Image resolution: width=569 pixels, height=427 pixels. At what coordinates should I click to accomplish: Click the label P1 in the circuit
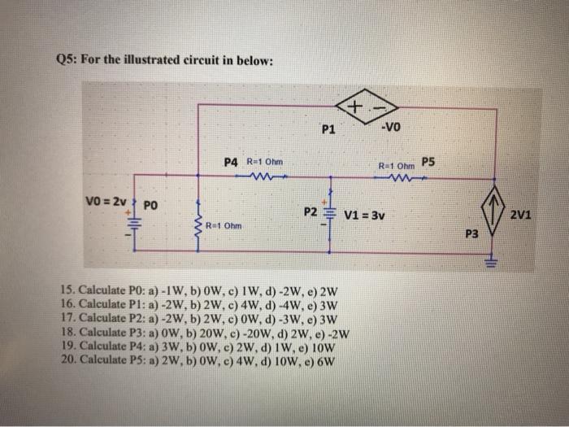328,129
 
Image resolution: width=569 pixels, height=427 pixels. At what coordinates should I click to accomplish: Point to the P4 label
232,162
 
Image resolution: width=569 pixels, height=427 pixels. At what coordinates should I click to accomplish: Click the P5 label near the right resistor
428,161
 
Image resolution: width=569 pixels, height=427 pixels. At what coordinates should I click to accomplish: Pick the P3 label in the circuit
472,235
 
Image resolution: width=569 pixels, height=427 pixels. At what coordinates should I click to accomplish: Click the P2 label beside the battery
311,213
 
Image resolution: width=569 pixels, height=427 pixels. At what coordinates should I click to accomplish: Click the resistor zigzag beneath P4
265,177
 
